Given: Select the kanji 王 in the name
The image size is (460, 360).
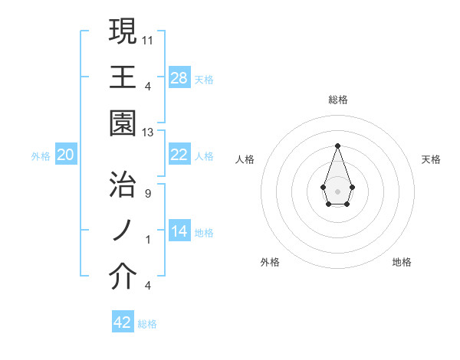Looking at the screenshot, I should click(123, 77).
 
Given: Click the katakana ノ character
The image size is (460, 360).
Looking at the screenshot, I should click(123, 231).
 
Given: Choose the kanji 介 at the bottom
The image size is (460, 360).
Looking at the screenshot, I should click(123, 277).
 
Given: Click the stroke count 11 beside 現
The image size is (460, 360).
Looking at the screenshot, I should click(148, 39).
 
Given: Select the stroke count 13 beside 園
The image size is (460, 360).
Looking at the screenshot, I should click(148, 133).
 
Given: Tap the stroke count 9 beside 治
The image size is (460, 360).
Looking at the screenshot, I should click(147, 193).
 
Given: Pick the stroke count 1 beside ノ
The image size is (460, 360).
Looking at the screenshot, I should click(147, 240).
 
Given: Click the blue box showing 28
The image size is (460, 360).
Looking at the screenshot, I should click(179, 78).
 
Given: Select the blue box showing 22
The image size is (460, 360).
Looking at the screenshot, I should click(179, 155).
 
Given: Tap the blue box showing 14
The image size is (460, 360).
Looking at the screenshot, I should click(179, 231).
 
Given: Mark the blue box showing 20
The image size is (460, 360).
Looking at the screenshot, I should click(66, 155).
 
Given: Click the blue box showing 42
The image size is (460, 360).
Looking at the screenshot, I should click(123, 322).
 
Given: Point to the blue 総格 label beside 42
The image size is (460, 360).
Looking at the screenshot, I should click(147, 324).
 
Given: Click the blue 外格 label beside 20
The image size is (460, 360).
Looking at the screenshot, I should click(41, 156).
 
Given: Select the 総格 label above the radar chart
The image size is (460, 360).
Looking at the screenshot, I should click(337, 100).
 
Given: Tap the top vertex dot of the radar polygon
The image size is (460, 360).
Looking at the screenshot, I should click(337, 146).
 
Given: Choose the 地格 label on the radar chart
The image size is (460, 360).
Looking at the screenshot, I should click(402, 262).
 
